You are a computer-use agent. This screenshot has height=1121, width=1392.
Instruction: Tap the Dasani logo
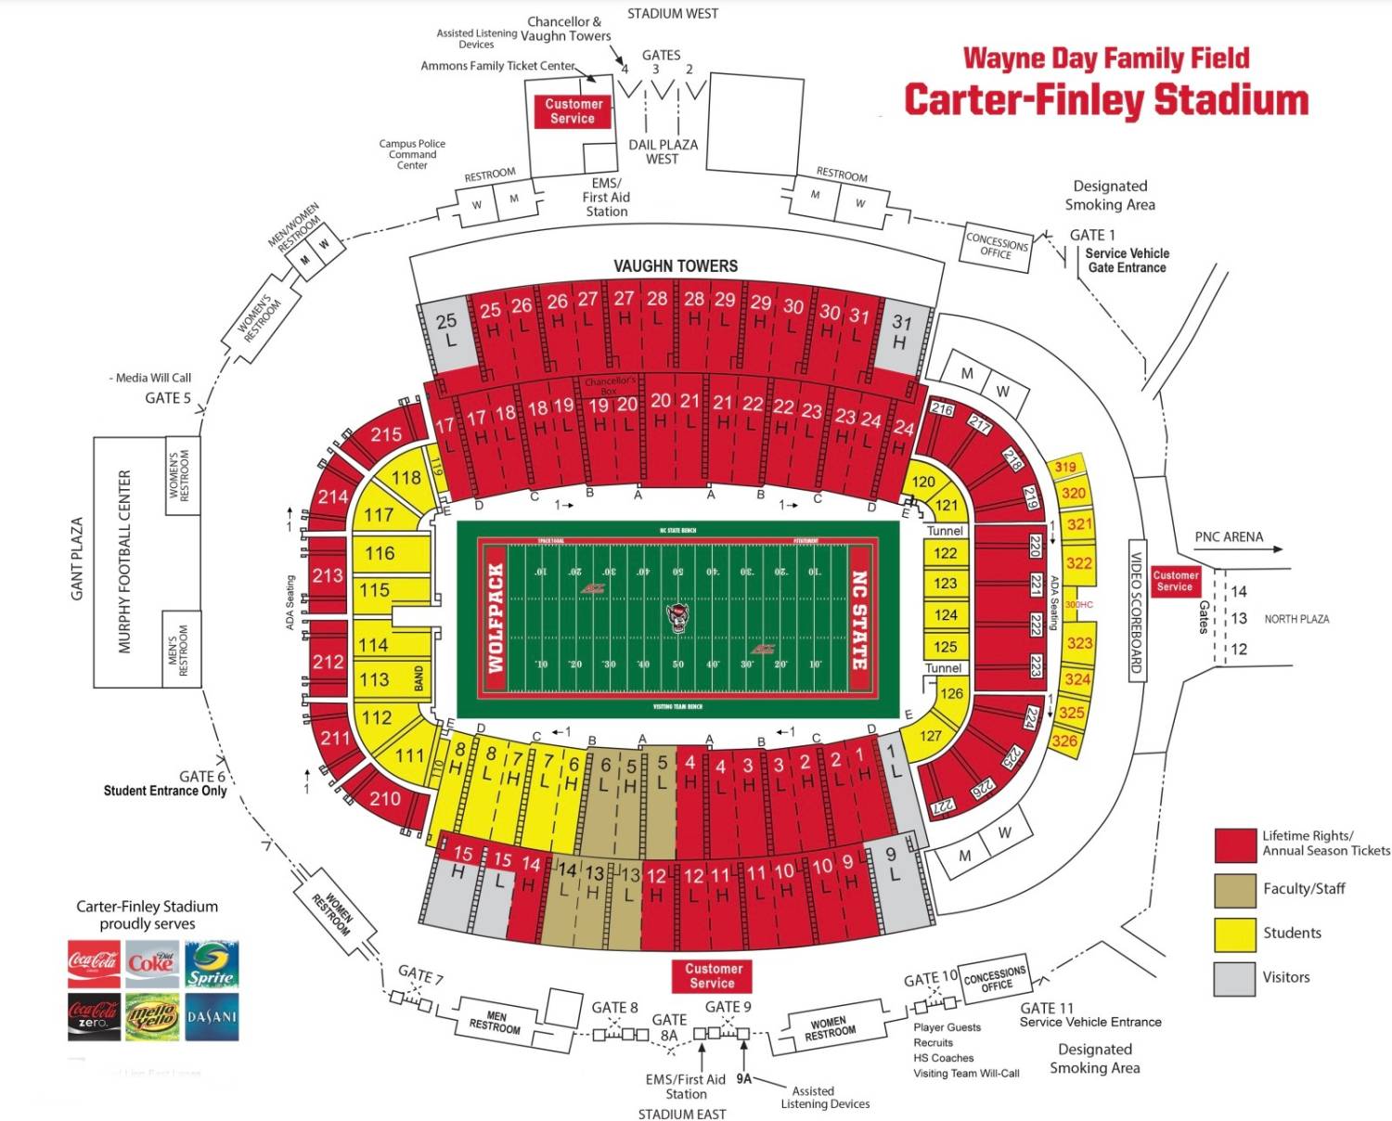(212, 1017)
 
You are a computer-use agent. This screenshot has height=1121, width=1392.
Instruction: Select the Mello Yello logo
(152, 1017)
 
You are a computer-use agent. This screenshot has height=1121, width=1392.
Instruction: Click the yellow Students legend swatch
(1234, 934)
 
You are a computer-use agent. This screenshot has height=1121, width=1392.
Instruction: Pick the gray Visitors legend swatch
(1234, 978)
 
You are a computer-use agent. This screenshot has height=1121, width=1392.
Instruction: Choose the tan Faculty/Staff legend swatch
(1234, 889)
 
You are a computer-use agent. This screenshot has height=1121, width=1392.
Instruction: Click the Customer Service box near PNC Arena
(1175, 581)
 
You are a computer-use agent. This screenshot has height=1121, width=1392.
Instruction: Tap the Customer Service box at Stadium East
(713, 975)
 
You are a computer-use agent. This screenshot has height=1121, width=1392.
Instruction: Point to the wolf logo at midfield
(678, 617)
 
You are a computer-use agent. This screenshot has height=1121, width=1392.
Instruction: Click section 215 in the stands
(386, 434)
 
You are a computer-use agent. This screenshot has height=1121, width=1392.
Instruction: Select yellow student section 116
(380, 553)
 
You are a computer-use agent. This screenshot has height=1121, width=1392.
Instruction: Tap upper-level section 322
(1078, 563)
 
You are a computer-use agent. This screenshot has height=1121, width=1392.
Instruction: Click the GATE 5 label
(168, 398)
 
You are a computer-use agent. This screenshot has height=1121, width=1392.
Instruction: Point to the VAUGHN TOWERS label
(676, 266)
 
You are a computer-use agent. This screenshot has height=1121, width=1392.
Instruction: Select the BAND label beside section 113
(419, 677)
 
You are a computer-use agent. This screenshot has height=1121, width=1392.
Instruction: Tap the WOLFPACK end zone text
(496, 618)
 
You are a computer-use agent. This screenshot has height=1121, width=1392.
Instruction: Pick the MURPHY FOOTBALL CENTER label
(125, 561)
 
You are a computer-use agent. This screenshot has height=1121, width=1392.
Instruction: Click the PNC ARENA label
(1229, 536)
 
